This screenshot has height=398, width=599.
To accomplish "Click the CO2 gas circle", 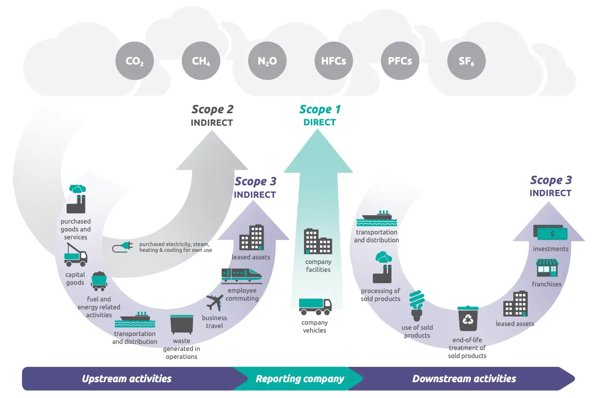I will [x=134, y=61].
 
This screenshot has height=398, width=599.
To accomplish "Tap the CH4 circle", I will [x=201, y=61].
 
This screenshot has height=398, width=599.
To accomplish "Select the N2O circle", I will [x=267, y=61].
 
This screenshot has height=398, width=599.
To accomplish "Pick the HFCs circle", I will [x=334, y=61].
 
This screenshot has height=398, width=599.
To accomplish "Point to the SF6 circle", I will [x=466, y=61].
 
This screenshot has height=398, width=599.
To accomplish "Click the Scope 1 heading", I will [x=319, y=109].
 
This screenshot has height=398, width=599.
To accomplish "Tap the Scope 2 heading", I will [x=212, y=109].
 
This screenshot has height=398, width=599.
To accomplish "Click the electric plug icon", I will [x=123, y=247].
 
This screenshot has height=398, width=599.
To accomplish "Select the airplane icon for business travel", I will [x=214, y=303].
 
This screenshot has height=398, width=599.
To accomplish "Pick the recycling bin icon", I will [x=468, y=318].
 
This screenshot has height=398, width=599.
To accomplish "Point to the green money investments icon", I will [x=550, y=234].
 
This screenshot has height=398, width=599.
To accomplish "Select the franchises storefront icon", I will [x=547, y=268].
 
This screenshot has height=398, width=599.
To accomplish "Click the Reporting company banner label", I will [x=300, y=379].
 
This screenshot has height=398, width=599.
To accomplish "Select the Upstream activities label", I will [x=127, y=379].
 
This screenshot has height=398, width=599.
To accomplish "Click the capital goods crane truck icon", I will [x=76, y=255].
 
